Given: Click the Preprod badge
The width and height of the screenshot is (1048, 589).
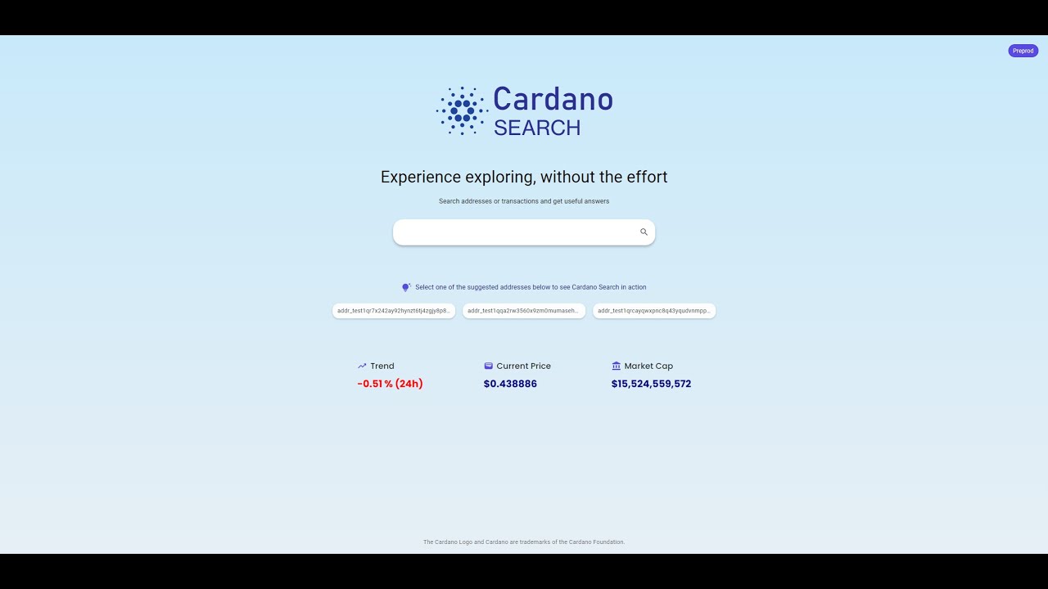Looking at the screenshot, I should (x=1023, y=51).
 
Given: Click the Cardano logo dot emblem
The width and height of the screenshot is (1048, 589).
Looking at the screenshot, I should (x=462, y=110).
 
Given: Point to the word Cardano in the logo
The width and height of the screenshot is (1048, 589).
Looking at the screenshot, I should (x=553, y=99).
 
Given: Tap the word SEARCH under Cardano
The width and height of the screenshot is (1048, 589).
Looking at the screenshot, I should (x=537, y=128).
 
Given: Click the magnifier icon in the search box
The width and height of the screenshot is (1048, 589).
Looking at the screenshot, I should (x=644, y=232).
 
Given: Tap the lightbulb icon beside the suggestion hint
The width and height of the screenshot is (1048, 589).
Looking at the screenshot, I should (x=405, y=287).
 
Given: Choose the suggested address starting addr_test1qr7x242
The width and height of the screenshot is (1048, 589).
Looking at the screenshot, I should (x=393, y=311).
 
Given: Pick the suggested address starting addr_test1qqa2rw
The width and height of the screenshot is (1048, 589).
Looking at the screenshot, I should (x=524, y=311).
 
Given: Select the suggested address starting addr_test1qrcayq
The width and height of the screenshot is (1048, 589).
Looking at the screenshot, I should (x=654, y=311).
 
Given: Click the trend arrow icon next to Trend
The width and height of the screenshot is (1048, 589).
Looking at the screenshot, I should (x=362, y=366).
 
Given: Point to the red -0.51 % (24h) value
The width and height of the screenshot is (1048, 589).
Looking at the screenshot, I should (x=390, y=384).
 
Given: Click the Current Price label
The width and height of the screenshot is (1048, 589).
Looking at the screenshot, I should (x=523, y=366).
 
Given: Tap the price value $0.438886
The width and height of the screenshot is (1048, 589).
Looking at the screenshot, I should (x=510, y=384).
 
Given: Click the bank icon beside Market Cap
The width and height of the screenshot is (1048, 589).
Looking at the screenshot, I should (x=616, y=366).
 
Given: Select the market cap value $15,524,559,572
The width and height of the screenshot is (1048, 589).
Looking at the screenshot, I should (x=651, y=384).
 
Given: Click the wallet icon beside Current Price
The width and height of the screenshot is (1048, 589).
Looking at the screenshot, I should (x=488, y=366).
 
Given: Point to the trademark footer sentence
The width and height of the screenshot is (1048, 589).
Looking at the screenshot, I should (x=524, y=542).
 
